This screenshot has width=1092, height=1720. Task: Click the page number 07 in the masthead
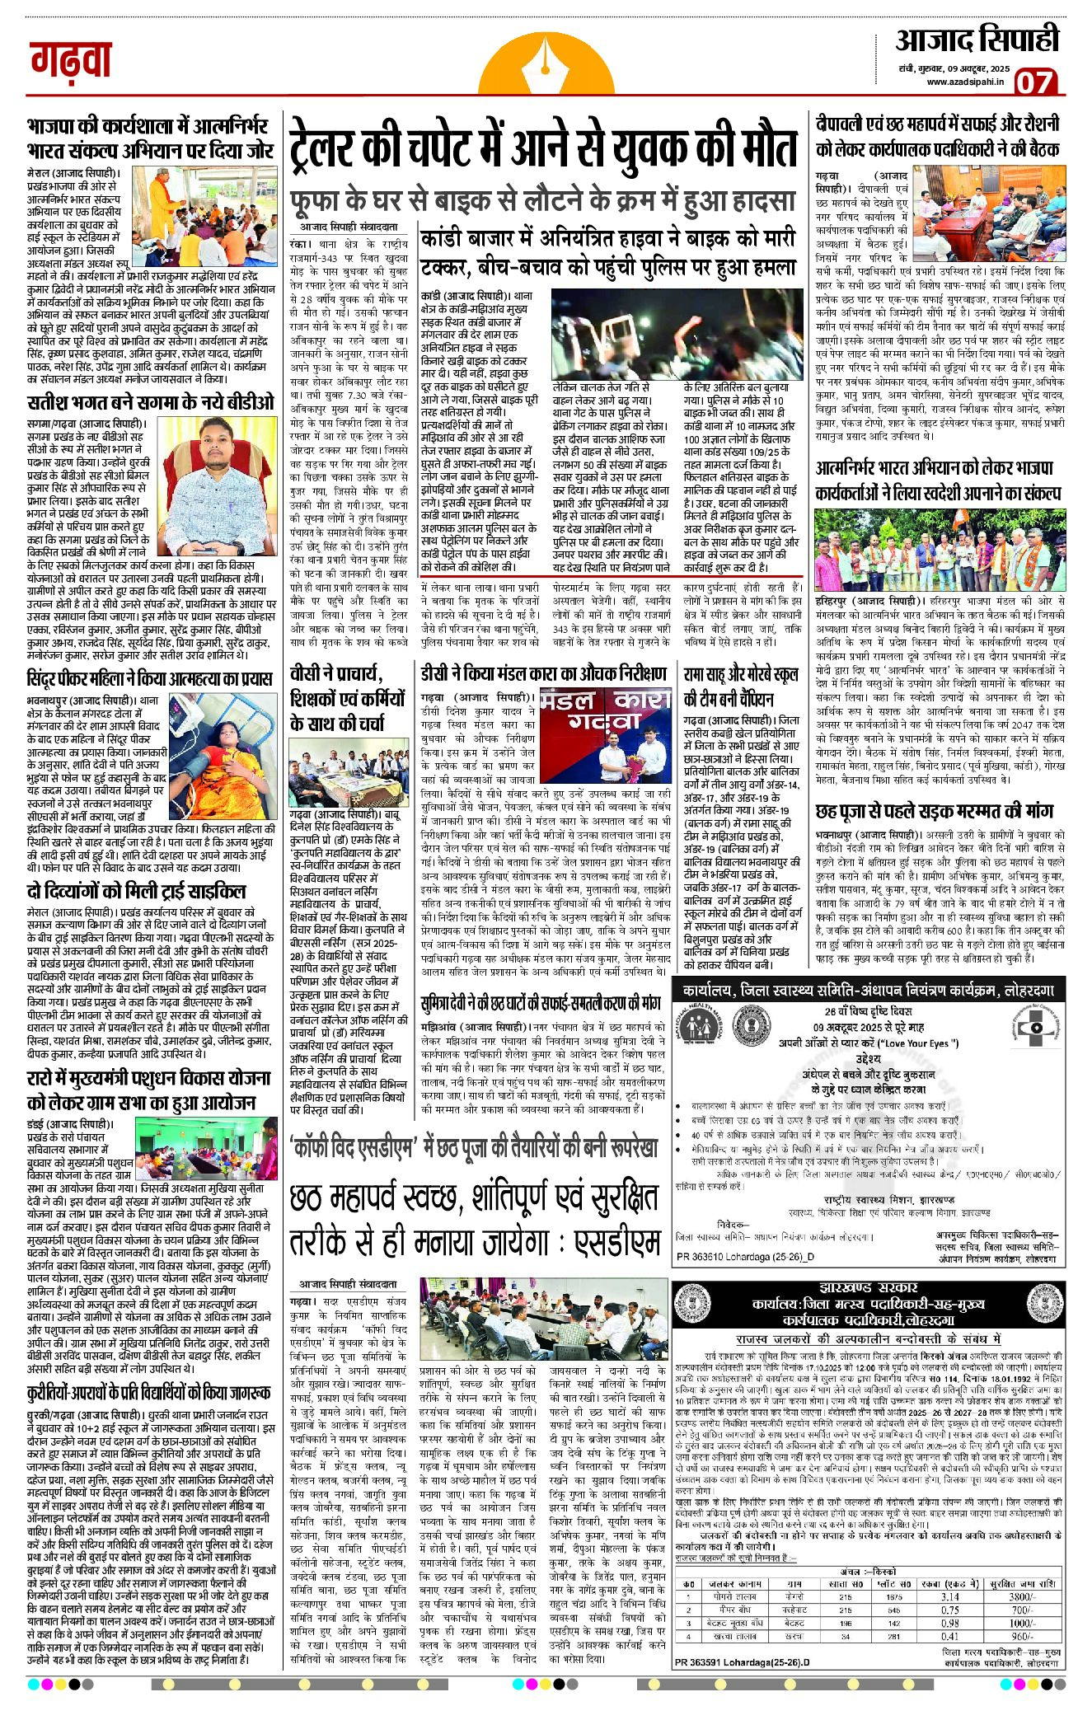coord(1033,82)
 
